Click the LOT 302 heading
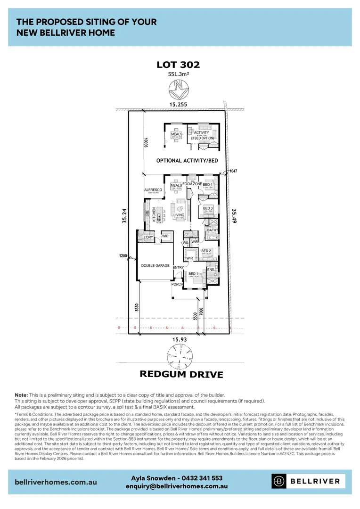pyautogui.click(x=178, y=65)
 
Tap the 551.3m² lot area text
pyautogui.click(x=178, y=74)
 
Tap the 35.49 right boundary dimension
pyautogui.click(x=234, y=217)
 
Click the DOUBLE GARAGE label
pyautogui.click(x=155, y=266)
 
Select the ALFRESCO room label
pyautogui.click(x=153, y=190)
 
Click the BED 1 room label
pyautogui.click(x=193, y=273)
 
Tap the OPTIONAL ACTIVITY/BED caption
pyautogui.click(x=187, y=161)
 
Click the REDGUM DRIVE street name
pyautogui.click(x=181, y=375)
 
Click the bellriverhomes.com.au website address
pyautogui.click(x=56, y=482)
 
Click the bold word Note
pyautogui.click(x=21, y=394)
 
